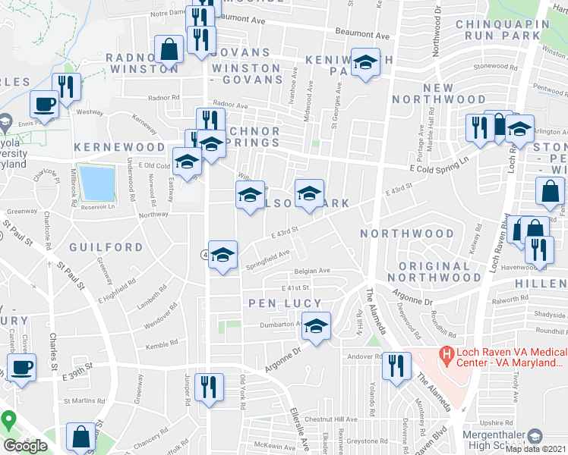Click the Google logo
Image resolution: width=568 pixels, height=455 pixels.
[25, 446]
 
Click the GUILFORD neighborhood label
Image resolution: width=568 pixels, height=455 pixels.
[106, 247]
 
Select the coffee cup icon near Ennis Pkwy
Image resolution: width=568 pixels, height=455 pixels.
[43, 103]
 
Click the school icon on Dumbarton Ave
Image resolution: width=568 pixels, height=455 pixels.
[317, 325]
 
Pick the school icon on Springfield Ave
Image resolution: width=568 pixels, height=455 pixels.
[223, 254]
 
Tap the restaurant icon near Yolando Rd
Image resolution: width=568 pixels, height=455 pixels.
[395, 367]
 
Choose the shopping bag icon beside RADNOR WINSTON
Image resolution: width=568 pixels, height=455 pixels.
[169, 49]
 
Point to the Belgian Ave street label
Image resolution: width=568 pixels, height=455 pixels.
[313, 271]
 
